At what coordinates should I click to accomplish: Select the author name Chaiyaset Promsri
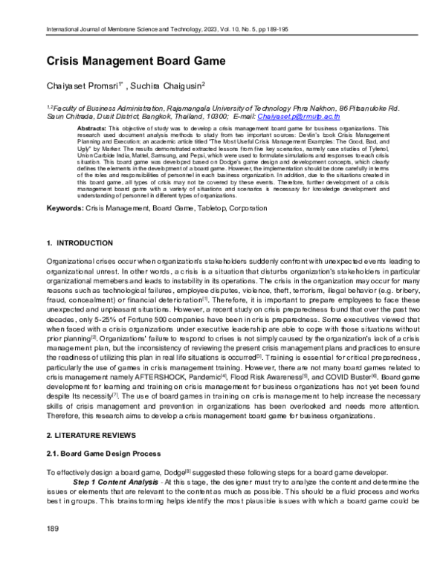83,86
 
